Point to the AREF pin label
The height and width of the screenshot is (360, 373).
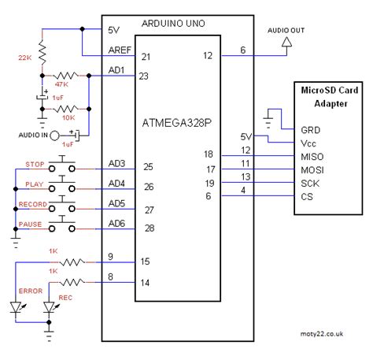pyautogui.click(x=116, y=52)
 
